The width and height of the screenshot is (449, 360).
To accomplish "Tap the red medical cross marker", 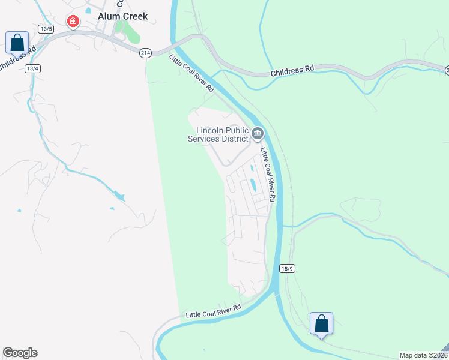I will click(x=73, y=22).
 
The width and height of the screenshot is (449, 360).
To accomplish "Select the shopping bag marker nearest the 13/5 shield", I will click(x=17, y=43).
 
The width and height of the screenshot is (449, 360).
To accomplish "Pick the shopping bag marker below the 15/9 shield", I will click(x=321, y=323).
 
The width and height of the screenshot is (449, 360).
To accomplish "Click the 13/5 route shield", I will click(x=46, y=28).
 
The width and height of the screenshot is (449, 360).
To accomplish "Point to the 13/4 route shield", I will click(x=32, y=68).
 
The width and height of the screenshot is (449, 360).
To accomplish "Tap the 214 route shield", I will click(x=145, y=53).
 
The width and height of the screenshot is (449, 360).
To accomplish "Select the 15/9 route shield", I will click(x=287, y=269).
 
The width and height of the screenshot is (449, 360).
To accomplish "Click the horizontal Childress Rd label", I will click(x=292, y=69).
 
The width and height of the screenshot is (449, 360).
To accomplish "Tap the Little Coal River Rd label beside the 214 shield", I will click(x=192, y=73).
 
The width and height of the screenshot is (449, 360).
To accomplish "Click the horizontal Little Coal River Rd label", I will click(x=213, y=311).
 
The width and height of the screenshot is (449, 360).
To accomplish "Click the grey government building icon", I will click(x=258, y=133).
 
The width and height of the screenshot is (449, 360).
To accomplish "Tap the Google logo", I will click(x=20, y=353).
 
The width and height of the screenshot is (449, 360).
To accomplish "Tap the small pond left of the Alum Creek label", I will click(x=88, y=10).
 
